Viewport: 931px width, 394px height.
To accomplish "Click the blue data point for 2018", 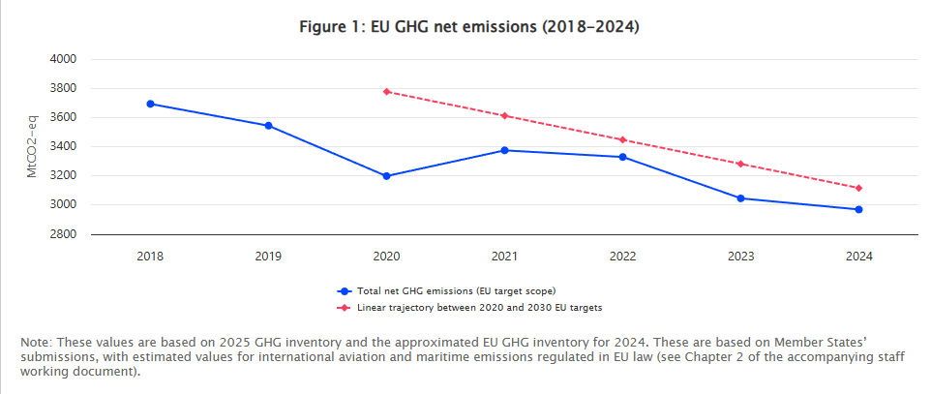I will tap(150, 104).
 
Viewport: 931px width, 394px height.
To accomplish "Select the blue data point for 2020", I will tap(386, 176).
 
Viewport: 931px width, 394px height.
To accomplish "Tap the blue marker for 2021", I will tap(504, 150).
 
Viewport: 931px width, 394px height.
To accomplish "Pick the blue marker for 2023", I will tap(740, 198).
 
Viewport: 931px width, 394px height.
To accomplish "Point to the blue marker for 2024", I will tap(858, 209).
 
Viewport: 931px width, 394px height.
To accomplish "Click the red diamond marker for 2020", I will tap(386, 92).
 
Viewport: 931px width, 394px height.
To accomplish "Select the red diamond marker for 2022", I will tap(622, 139).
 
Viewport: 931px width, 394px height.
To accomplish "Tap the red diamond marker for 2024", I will tap(858, 188).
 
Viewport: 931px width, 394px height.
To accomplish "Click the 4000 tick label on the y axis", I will tap(63, 59).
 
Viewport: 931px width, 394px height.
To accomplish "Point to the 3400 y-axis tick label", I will tap(63, 147).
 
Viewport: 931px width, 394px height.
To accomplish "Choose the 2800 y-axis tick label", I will tap(63, 234).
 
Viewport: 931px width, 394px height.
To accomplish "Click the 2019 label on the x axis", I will tap(268, 257).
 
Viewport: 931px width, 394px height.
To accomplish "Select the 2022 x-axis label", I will tap(622, 257).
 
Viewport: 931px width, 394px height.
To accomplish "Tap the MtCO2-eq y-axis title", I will tap(32, 146).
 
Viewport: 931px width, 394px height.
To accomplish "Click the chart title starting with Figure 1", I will tap(469, 27).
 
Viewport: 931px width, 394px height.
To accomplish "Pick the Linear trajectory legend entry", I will tap(471, 307).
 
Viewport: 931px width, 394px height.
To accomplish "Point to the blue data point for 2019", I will tap(268, 126).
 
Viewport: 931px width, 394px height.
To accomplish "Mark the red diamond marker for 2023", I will tap(740, 164).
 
